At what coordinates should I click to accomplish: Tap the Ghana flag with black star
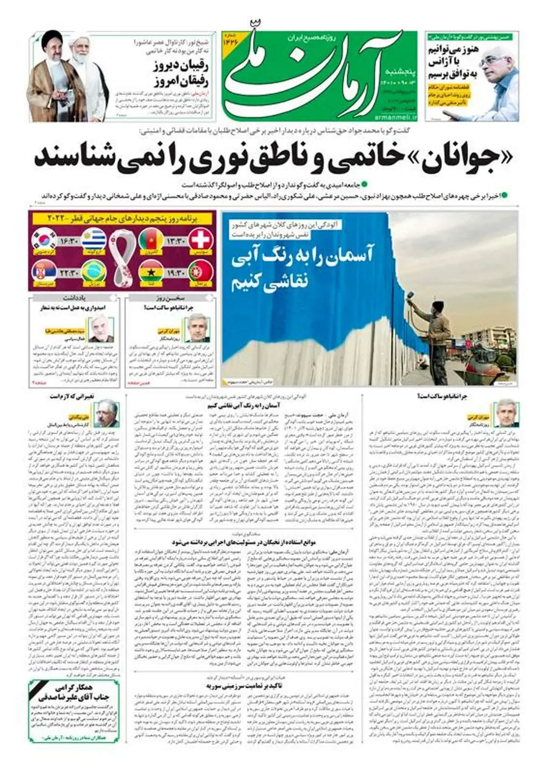(151, 272)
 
